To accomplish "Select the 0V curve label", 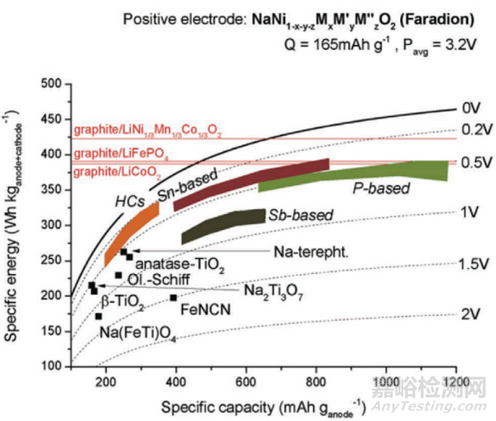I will (470, 108).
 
